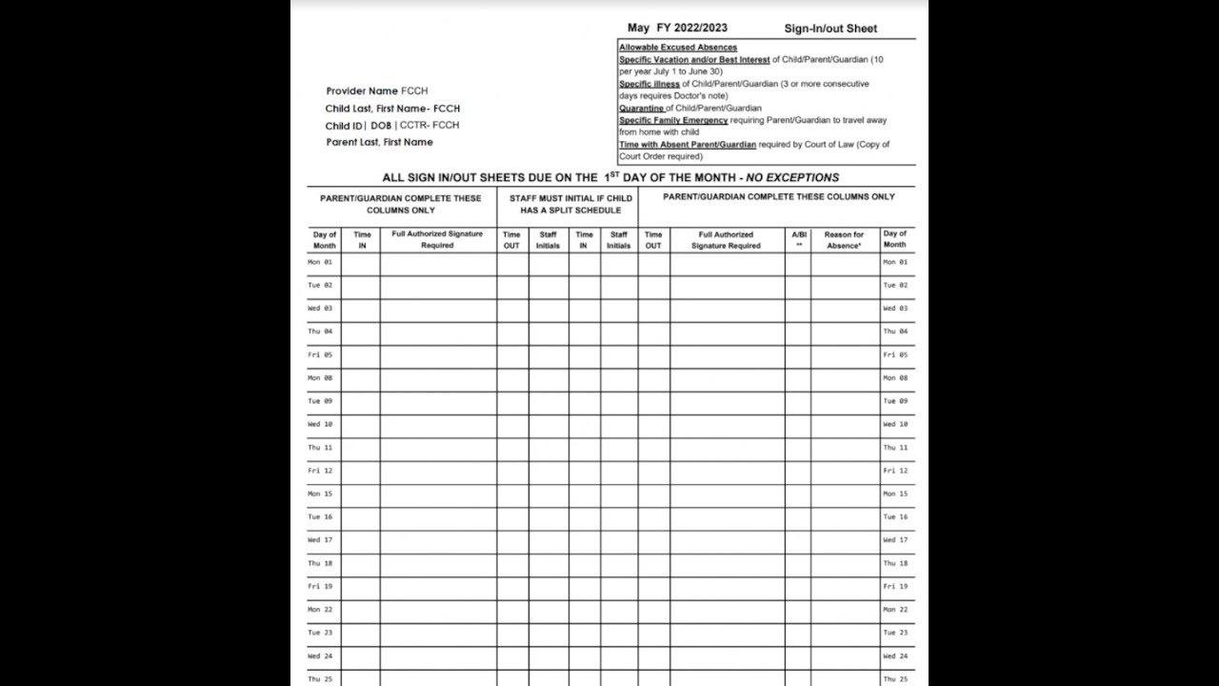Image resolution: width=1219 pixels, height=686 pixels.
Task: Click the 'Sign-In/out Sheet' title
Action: click(x=830, y=29)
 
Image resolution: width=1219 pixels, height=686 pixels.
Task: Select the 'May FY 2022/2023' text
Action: click(x=677, y=28)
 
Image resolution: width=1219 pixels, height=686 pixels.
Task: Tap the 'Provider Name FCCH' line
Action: click(x=377, y=91)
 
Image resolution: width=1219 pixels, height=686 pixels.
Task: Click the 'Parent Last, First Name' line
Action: click(x=379, y=143)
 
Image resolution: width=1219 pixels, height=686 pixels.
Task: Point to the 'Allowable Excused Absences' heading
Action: click(x=678, y=48)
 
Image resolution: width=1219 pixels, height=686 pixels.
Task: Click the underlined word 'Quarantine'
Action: click(x=642, y=109)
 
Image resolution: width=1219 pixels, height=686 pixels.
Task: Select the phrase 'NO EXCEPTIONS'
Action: click(x=792, y=178)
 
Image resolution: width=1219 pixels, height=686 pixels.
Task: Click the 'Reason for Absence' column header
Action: click(x=844, y=240)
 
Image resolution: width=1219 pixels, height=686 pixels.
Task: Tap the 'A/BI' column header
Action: click(x=798, y=240)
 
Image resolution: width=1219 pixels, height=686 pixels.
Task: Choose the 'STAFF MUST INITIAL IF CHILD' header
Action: click(x=570, y=199)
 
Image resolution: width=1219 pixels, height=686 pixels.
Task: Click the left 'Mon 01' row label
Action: click(x=320, y=262)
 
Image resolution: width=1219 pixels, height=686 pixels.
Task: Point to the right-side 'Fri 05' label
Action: click(x=895, y=354)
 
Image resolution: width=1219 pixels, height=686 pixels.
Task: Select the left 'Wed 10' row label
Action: click(x=320, y=424)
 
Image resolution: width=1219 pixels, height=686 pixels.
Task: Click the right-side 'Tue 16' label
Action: click(x=895, y=517)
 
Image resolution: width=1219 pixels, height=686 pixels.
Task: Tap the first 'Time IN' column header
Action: click(x=362, y=240)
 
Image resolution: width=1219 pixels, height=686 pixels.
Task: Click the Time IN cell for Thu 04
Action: click(x=361, y=333)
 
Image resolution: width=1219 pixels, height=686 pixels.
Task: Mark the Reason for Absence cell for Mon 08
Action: click(x=845, y=378)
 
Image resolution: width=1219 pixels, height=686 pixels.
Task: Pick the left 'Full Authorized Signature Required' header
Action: click(x=437, y=240)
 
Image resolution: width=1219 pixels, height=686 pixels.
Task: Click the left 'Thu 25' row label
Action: click(x=320, y=679)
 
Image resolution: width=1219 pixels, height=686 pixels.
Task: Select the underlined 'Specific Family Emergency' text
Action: click(x=673, y=121)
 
